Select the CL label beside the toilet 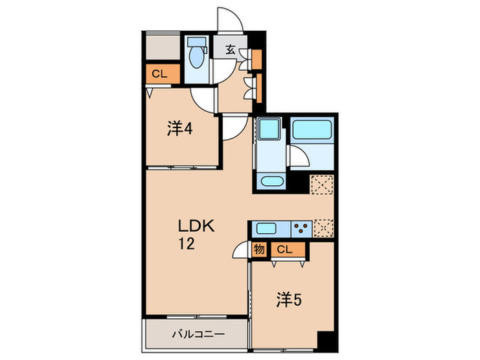tap(160, 73)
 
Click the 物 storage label tap(259, 250)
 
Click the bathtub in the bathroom tap(312, 130)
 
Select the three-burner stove tap(300, 228)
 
